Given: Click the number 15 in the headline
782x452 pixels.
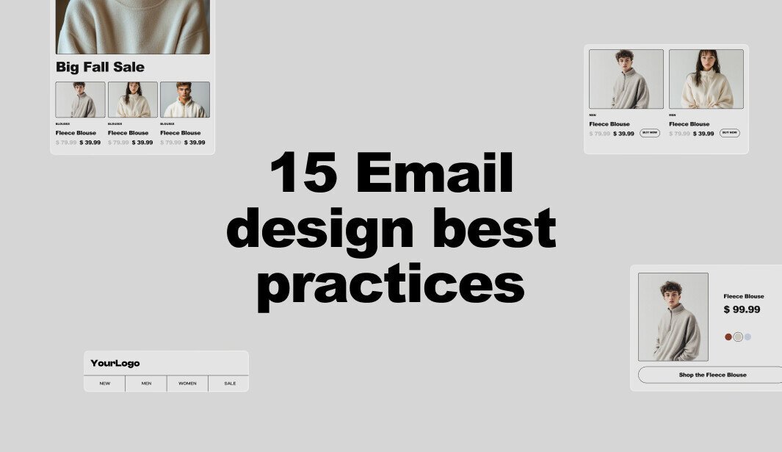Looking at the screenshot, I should point(304,173).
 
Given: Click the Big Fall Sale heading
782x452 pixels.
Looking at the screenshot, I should point(100,67).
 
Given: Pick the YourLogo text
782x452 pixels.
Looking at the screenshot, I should point(115,363).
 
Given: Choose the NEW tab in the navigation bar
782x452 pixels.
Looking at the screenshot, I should point(105,383).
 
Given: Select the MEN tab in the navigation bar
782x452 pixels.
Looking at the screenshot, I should point(146,383).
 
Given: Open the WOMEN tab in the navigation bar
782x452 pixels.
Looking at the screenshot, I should point(187,383).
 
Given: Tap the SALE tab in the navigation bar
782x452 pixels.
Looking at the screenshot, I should point(230,383).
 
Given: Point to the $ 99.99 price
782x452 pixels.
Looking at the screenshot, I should point(742,309).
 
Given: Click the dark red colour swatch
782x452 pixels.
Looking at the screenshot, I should point(728,337).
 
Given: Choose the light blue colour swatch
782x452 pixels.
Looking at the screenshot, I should point(747,337).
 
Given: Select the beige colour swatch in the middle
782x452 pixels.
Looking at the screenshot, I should point(738,337).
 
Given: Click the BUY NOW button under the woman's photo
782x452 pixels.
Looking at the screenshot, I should point(729,133).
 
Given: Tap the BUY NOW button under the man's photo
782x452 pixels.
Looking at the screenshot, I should point(649,133).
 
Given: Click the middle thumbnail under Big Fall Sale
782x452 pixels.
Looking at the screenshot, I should point(133,99).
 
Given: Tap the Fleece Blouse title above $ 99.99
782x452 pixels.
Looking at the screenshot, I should point(744,296).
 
